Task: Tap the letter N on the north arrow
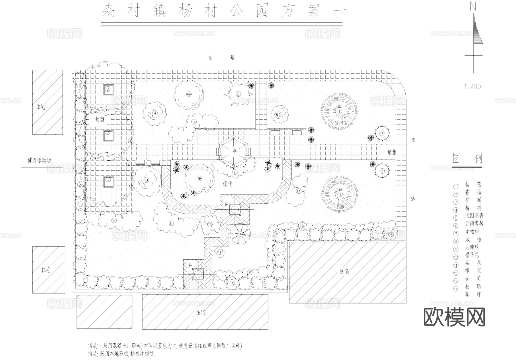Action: coord(473,7)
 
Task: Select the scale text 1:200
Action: coord(472,86)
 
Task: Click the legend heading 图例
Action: coord(467,158)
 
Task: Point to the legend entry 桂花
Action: coord(473,184)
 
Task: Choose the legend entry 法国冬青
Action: coord(474,216)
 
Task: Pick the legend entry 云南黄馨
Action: coord(474,223)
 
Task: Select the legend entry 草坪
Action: coord(473,294)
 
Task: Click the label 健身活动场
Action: coord(39,160)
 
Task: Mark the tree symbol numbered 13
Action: coord(146,180)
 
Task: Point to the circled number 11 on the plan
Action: coord(220,252)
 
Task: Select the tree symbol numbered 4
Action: coord(155,113)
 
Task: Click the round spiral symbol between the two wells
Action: coord(240,234)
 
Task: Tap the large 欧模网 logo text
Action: coord(454,317)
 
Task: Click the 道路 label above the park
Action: coord(221,58)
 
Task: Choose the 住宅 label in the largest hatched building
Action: coord(344,271)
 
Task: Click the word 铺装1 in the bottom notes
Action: coord(94,346)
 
